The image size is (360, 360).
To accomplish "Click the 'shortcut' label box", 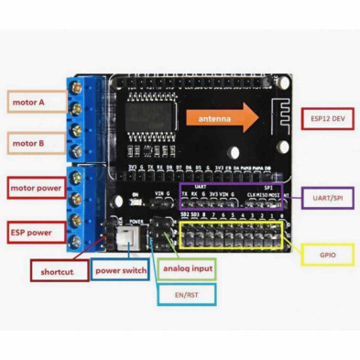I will tap(58, 271).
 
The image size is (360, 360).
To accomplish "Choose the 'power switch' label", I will tap(119, 271).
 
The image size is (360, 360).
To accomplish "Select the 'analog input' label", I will tap(187, 270).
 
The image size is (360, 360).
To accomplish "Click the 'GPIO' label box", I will tap(327, 253).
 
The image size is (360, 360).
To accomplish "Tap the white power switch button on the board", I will tap(124, 237).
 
